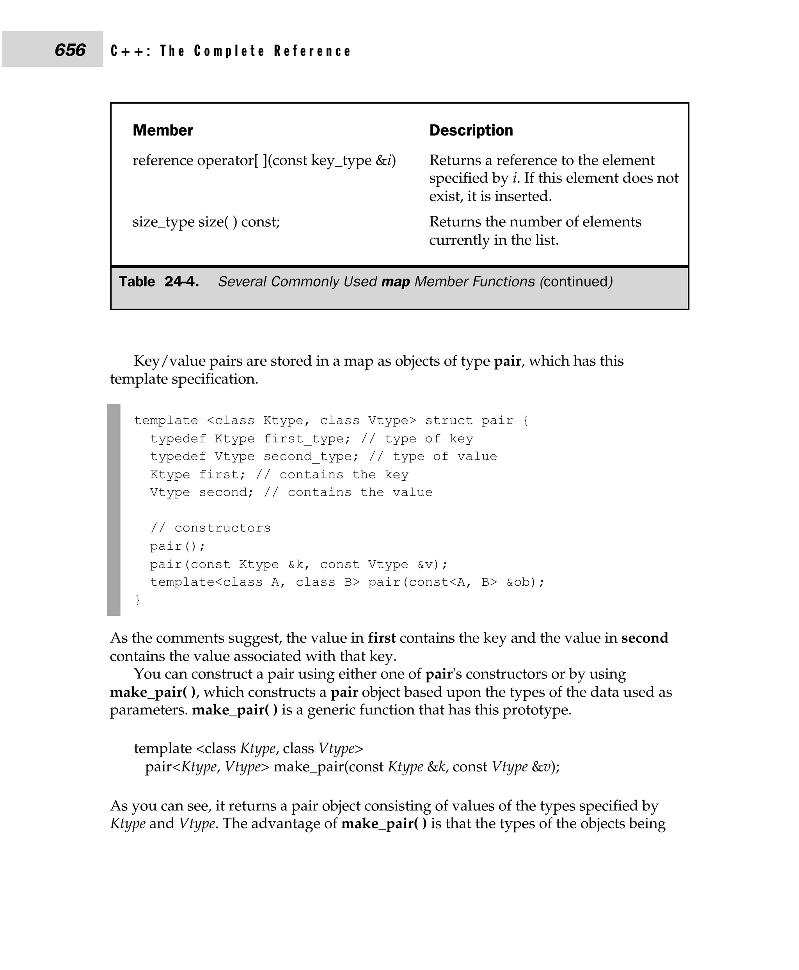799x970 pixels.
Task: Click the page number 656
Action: click(70, 50)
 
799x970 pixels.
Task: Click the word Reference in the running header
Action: click(312, 51)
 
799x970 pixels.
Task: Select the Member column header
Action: click(162, 130)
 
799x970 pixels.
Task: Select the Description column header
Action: click(471, 130)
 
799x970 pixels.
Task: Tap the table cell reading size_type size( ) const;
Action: click(206, 222)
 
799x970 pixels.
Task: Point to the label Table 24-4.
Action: click(159, 281)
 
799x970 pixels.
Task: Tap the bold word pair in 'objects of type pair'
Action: click(507, 361)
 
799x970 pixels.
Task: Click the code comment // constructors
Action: click(210, 528)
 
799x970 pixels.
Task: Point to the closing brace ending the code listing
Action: click(138, 600)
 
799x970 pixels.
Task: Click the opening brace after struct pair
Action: click(526, 421)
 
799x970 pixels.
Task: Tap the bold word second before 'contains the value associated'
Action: click(645, 638)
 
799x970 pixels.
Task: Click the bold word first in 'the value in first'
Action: click(382, 638)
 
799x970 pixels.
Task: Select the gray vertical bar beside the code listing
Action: click(113, 510)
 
